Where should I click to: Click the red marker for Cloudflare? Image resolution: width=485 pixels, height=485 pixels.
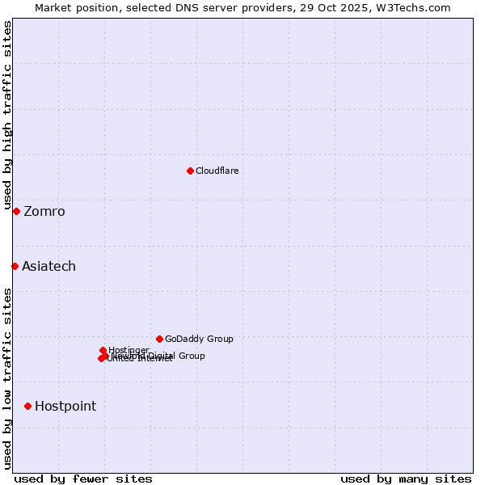(190, 171)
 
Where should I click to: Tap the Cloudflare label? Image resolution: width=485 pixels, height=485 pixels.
(217, 171)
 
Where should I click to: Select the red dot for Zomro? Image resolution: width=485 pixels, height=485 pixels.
(16, 211)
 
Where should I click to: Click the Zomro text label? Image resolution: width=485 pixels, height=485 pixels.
(44, 212)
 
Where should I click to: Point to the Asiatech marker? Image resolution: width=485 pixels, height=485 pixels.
(15, 266)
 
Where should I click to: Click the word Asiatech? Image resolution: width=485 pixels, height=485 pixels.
(48, 267)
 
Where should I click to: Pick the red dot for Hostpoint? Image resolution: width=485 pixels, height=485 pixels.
(27, 406)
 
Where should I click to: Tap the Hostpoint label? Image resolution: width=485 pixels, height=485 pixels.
(65, 406)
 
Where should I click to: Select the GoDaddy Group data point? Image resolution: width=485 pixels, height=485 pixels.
(159, 339)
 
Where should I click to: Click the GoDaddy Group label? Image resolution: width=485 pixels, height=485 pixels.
(199, 339)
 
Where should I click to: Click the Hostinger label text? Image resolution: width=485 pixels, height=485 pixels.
(129, 350)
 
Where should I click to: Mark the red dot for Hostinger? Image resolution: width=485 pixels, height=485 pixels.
(103, 350)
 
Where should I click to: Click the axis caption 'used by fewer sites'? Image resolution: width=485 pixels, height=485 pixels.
(83, 479)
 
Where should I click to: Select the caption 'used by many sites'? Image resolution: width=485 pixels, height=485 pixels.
(406, 479)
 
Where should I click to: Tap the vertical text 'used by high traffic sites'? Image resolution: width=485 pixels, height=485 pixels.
(7, 115)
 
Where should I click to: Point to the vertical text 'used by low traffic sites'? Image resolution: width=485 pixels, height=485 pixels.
(7, 377)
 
